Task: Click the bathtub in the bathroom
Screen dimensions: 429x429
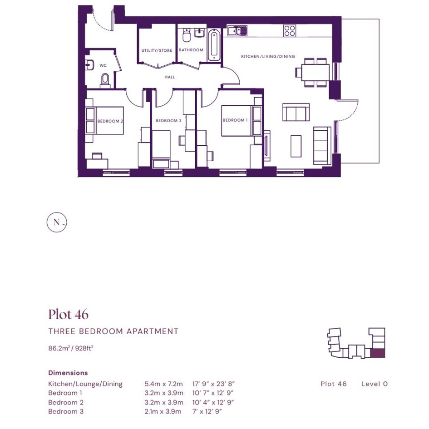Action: point(214,45)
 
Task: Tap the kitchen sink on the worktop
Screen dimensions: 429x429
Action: point(237,31)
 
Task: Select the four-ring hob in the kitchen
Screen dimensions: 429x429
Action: point(290,31)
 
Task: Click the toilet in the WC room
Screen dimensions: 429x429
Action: point(105,80)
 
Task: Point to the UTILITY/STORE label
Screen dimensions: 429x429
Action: point(157,50)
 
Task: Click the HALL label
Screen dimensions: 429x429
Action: point(170,77)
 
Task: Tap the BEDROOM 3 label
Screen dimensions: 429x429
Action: point(168,121)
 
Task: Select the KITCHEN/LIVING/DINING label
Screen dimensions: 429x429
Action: point(268,56)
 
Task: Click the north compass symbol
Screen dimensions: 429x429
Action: point(57,222)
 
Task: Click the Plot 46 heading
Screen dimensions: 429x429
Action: point(69,314)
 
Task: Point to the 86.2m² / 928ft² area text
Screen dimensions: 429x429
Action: point(71,348)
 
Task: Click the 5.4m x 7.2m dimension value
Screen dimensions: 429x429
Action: point(163,384)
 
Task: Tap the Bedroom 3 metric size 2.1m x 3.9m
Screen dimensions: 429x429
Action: point(163,411)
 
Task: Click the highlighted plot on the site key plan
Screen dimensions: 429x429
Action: point(378,354)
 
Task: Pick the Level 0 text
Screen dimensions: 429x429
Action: point(375,384)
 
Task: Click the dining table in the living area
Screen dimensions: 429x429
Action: point(315,73)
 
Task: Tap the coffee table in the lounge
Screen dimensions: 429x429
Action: point(296,146)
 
